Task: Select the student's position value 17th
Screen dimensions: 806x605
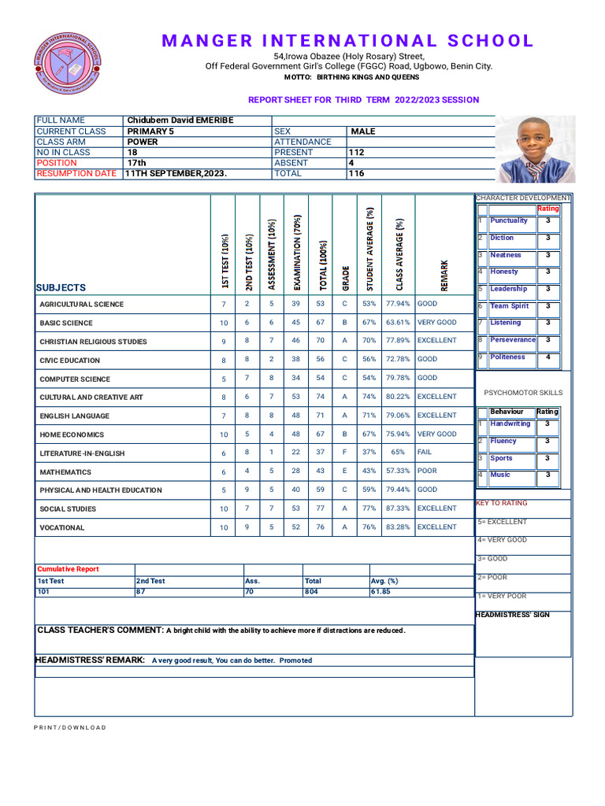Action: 137,163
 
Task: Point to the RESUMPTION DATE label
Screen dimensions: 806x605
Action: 76,173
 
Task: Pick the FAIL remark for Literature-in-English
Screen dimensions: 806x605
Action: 425,453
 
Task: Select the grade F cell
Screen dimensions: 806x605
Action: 344,453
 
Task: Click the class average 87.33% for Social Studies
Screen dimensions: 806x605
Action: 398,508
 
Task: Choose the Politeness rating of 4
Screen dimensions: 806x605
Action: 547,357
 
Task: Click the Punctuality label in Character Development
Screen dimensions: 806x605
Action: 509,221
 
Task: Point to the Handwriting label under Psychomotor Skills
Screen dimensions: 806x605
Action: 510,424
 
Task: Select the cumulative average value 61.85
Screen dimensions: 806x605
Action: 381,591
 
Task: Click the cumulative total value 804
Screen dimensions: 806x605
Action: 311,591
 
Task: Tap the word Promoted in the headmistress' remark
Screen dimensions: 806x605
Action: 295,660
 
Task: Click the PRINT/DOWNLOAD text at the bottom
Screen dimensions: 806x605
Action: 69,727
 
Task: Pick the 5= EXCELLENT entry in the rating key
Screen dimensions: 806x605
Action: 502,522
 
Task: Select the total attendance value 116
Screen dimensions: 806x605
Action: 356,173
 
